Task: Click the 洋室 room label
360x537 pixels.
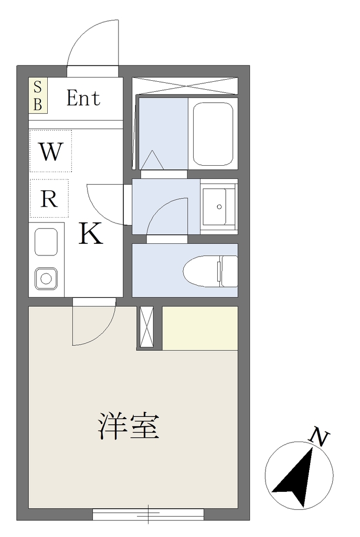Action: click(129, 426)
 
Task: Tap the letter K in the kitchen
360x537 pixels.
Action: click(91, 233)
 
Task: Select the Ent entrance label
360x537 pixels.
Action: click(83, 98)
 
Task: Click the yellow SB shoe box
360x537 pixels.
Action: click(38, 96)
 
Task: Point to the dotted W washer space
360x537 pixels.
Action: click(51, 151)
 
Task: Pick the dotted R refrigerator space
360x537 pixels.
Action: click(49, 198)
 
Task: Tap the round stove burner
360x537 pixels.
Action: click(46, 278)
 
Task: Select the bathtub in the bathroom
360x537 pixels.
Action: click(213, 134)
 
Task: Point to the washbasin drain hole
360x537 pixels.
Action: click(219, 207)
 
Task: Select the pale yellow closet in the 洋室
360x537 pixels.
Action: click(200, 328)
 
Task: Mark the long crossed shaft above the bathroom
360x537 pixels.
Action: click(185, 85)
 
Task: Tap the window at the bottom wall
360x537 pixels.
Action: click(148, 514)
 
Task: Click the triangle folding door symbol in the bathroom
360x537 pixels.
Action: click(152, 159)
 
